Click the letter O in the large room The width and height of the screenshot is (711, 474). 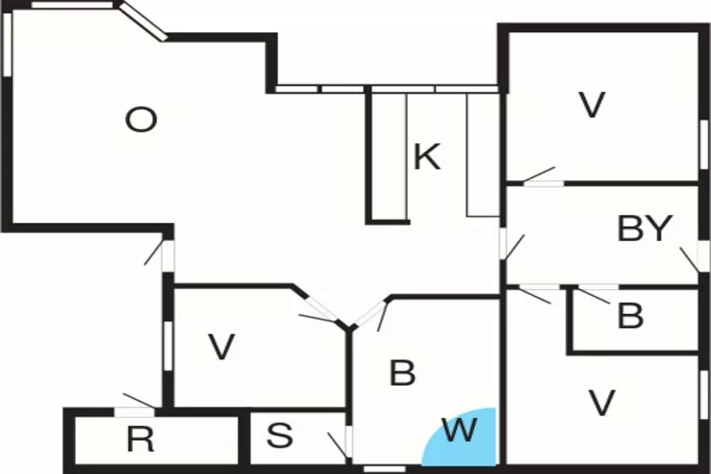(141, 119)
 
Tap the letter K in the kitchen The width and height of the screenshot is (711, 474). (428, 156)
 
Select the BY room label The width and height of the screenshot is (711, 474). (645, 228)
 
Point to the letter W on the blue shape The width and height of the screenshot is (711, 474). (460, 430)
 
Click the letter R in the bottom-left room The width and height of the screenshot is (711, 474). (140, 439)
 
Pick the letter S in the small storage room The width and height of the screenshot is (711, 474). (280, 435)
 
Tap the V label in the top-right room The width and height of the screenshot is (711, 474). (592, 105)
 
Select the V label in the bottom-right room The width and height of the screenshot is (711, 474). (602, 402)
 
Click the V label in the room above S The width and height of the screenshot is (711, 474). (221, 347)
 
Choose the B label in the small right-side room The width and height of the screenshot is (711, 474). (630, 316)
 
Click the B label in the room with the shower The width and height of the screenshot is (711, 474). (402, 373)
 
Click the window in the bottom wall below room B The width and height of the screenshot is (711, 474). (385, 469)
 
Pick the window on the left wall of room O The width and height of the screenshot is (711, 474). (7, 45)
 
